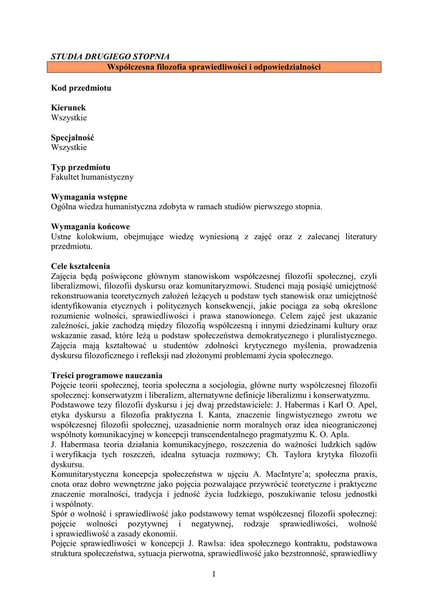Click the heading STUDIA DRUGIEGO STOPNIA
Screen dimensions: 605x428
coord(110,57)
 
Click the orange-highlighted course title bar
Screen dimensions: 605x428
coord(213,67)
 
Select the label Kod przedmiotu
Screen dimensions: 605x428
coord(80,88)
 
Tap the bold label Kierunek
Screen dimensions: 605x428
coord(68,108)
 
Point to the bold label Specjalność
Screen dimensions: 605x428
coord(73,137)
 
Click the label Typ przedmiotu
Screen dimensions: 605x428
coord(80,167)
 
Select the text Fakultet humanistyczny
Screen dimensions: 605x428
coord(92,177)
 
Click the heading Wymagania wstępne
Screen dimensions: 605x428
coord(89,197)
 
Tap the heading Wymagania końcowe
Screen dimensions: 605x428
coord(90,226)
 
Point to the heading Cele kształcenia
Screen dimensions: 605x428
coord(80,266)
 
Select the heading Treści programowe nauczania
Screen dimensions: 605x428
coord(106,375)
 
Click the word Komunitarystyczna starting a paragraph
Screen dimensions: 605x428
coord(87,474)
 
